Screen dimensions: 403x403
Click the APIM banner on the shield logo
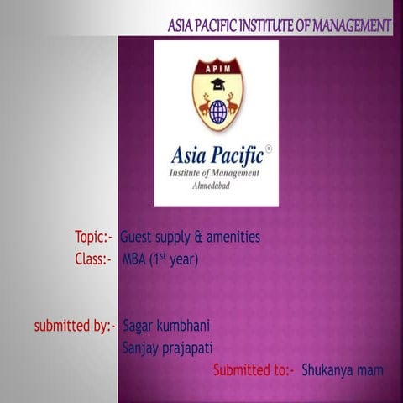[x=217, y=65]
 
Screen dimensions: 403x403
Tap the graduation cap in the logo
[x=218, y=84]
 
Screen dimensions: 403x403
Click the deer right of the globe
[x=233, y=105]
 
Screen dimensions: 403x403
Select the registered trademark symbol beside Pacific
[x=268, y=149]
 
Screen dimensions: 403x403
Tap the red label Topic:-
[x=93, y=238]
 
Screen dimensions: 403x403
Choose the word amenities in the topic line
[x=231, y=238]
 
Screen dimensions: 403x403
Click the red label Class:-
[x=93, y=259]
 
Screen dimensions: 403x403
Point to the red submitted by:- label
[x=74, y=325]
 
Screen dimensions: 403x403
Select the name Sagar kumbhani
[x=167, y=325]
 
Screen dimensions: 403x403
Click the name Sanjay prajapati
[x=168, y=347]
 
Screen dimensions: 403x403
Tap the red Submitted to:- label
[x=253, y=369]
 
